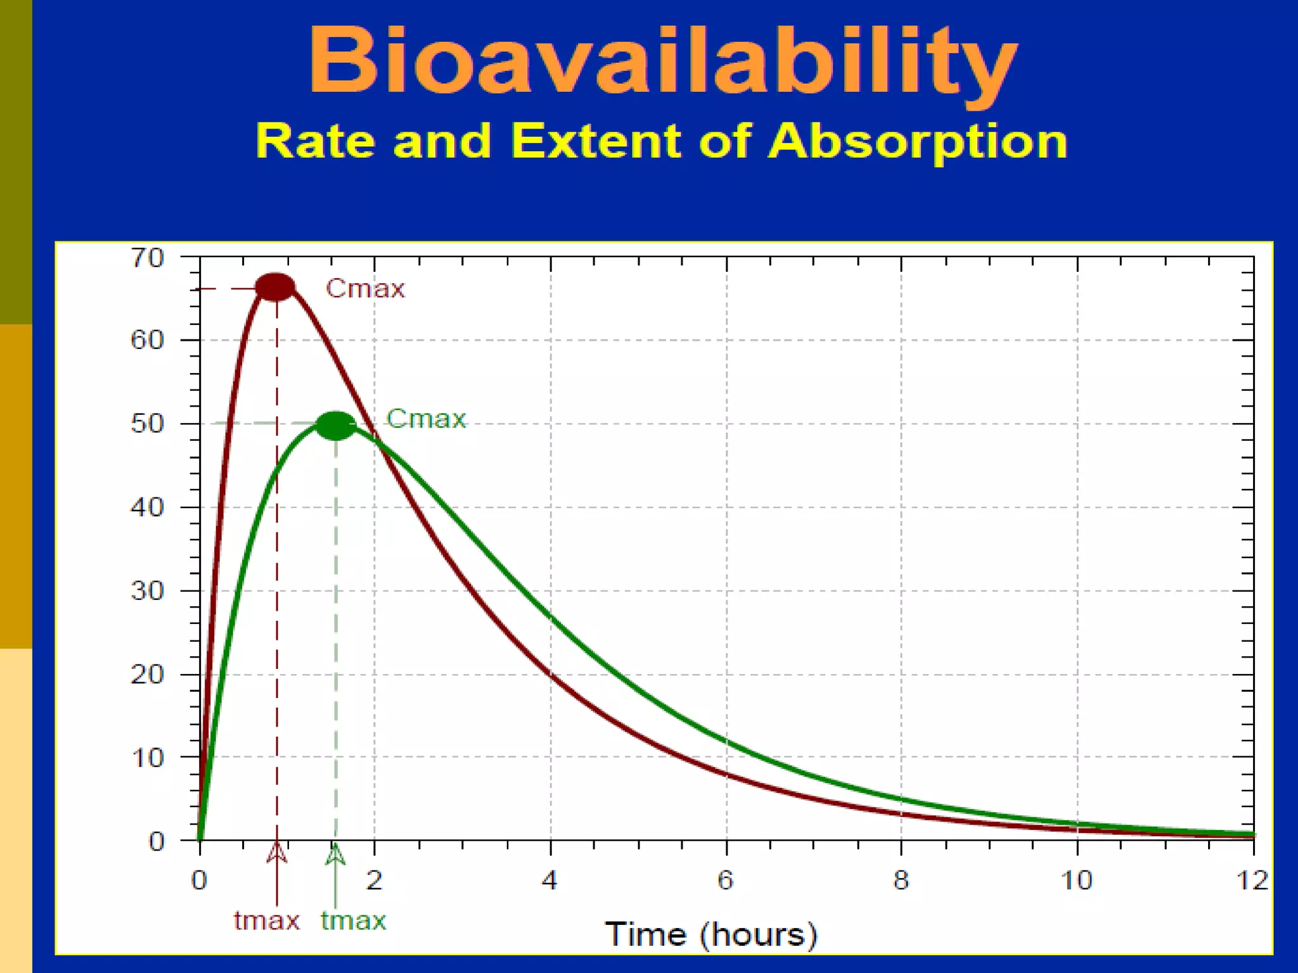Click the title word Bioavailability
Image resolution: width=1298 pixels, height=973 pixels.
pos(662,62)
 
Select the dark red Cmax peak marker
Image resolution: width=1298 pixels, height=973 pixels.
pos(275,287)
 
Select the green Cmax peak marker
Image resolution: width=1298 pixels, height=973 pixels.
pos(336,425)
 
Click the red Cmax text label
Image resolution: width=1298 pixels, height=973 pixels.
pos(365,289)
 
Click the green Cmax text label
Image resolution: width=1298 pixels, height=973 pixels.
pos(426,419)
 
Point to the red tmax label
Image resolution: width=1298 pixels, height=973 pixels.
pos(266,920)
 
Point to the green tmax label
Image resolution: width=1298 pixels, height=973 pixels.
pos(353,920)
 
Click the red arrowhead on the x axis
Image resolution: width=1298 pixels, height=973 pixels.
pos(276,852)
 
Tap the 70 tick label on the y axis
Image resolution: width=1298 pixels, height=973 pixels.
pos(147,258)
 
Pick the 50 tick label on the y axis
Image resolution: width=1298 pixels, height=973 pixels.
pos(147,423)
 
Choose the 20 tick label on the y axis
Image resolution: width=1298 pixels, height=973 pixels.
pos(147,674)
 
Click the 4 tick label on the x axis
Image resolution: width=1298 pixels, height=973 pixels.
pos(549,880)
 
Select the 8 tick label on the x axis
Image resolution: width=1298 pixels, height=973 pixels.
pos(901,880)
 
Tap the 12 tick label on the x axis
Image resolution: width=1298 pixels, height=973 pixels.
pos(1252,880)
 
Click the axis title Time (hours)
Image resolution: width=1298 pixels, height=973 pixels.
pos(711,934)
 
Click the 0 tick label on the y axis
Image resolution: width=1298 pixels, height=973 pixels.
pos(157,841)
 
